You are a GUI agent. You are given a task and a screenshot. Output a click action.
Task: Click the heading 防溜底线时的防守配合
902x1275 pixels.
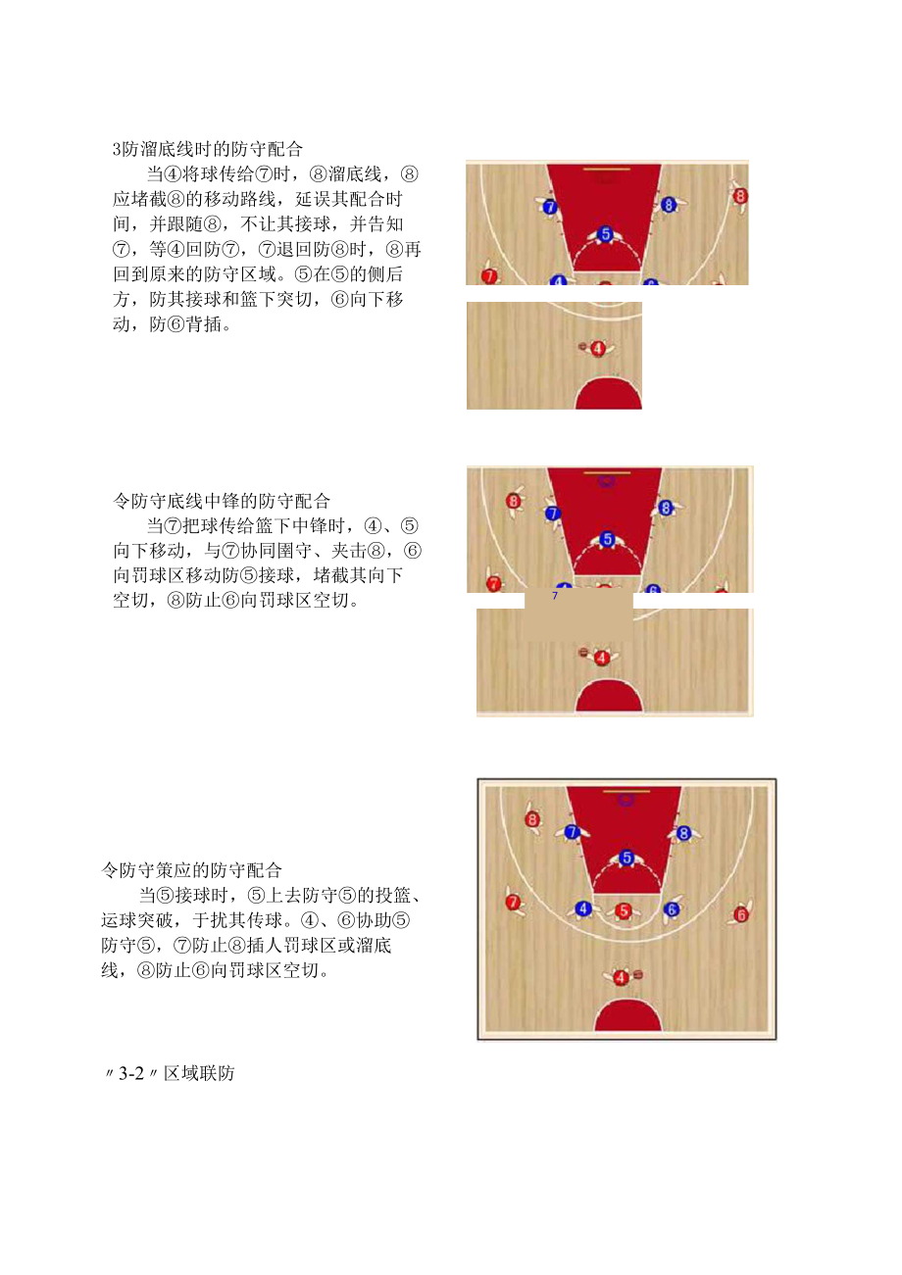208,150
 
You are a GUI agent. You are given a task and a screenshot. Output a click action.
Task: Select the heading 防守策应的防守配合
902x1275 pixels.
192,869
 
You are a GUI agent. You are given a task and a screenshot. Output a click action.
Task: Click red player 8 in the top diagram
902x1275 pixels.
740,196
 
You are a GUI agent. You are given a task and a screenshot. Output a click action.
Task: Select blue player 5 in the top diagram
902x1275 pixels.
605,234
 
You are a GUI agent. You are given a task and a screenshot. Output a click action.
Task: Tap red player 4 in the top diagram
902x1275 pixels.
598,348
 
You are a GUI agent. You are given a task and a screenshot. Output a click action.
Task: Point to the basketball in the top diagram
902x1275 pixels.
583,346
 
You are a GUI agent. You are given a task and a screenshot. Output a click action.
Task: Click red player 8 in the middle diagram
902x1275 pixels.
514,501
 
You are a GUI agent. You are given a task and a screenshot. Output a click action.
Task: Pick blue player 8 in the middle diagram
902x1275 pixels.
666,508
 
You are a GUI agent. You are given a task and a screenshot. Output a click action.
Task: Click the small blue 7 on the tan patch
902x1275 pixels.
555,595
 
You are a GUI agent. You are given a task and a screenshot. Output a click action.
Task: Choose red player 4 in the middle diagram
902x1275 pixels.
602,658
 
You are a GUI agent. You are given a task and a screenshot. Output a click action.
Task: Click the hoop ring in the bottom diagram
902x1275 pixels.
626,799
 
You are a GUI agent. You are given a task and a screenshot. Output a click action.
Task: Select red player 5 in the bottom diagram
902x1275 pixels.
623,910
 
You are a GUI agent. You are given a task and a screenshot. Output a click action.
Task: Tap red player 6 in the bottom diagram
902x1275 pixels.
741,914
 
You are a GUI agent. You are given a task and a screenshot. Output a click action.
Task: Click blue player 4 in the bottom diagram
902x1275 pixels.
583,908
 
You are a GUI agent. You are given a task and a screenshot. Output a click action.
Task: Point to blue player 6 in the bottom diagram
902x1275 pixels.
672,909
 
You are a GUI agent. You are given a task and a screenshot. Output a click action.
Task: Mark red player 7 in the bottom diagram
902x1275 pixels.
512,902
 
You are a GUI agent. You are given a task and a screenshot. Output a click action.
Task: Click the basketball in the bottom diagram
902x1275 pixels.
638,974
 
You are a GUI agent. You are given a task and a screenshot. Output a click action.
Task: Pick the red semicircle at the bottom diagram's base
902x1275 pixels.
627,1017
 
